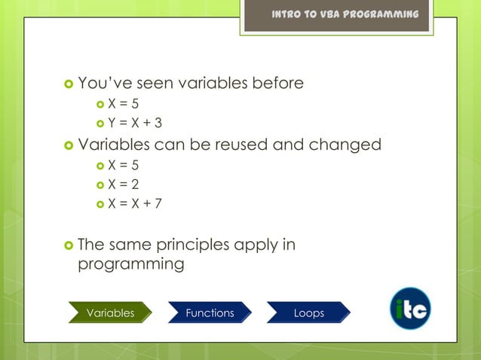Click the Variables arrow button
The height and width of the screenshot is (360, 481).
[x=110, y=313]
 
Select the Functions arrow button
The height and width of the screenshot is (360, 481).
[x=210, y=313]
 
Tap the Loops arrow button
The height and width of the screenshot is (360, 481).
[x=308, y=313]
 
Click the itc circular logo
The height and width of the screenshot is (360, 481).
[x=410, y=309]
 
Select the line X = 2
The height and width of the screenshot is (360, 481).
[x=124, y=184]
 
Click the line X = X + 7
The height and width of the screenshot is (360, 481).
[x=134, y=203]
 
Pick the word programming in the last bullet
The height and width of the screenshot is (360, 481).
[x=131, y=264]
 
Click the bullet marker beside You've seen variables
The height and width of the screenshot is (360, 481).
[x=69, y=84]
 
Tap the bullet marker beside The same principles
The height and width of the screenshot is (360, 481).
[x=69, y=246]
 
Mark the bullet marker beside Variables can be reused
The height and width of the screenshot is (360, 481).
[x=69, y=145]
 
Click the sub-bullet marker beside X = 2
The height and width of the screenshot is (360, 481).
[x=100, y=185]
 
